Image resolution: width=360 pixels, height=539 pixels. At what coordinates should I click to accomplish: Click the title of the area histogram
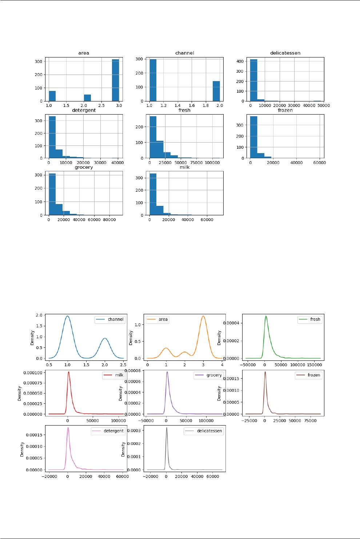click(x=84, y=53)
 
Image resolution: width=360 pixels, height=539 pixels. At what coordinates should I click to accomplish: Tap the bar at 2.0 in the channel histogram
click(x=216, y=91)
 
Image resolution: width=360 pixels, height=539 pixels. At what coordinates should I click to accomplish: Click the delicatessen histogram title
click(x=285, y=53)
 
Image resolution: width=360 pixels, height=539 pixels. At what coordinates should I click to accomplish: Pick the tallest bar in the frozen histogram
click(x=253, y=137)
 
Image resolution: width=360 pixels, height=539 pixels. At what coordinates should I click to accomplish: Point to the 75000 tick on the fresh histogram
click(x=197, y=163)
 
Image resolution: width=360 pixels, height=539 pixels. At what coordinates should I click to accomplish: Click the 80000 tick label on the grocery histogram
click(x=109, y=220)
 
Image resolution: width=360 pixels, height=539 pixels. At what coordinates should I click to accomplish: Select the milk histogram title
click(x=184, y=167)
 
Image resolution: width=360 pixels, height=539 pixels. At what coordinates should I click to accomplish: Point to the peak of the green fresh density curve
click(x=266, y=316)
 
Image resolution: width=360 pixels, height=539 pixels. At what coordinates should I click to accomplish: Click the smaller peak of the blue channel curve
click(x=105, y=338)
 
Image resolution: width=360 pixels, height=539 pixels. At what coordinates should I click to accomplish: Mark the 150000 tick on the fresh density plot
click(x=315, y=365)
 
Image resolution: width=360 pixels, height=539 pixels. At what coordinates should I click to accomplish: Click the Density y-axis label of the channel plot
click(x=32, y=338)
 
